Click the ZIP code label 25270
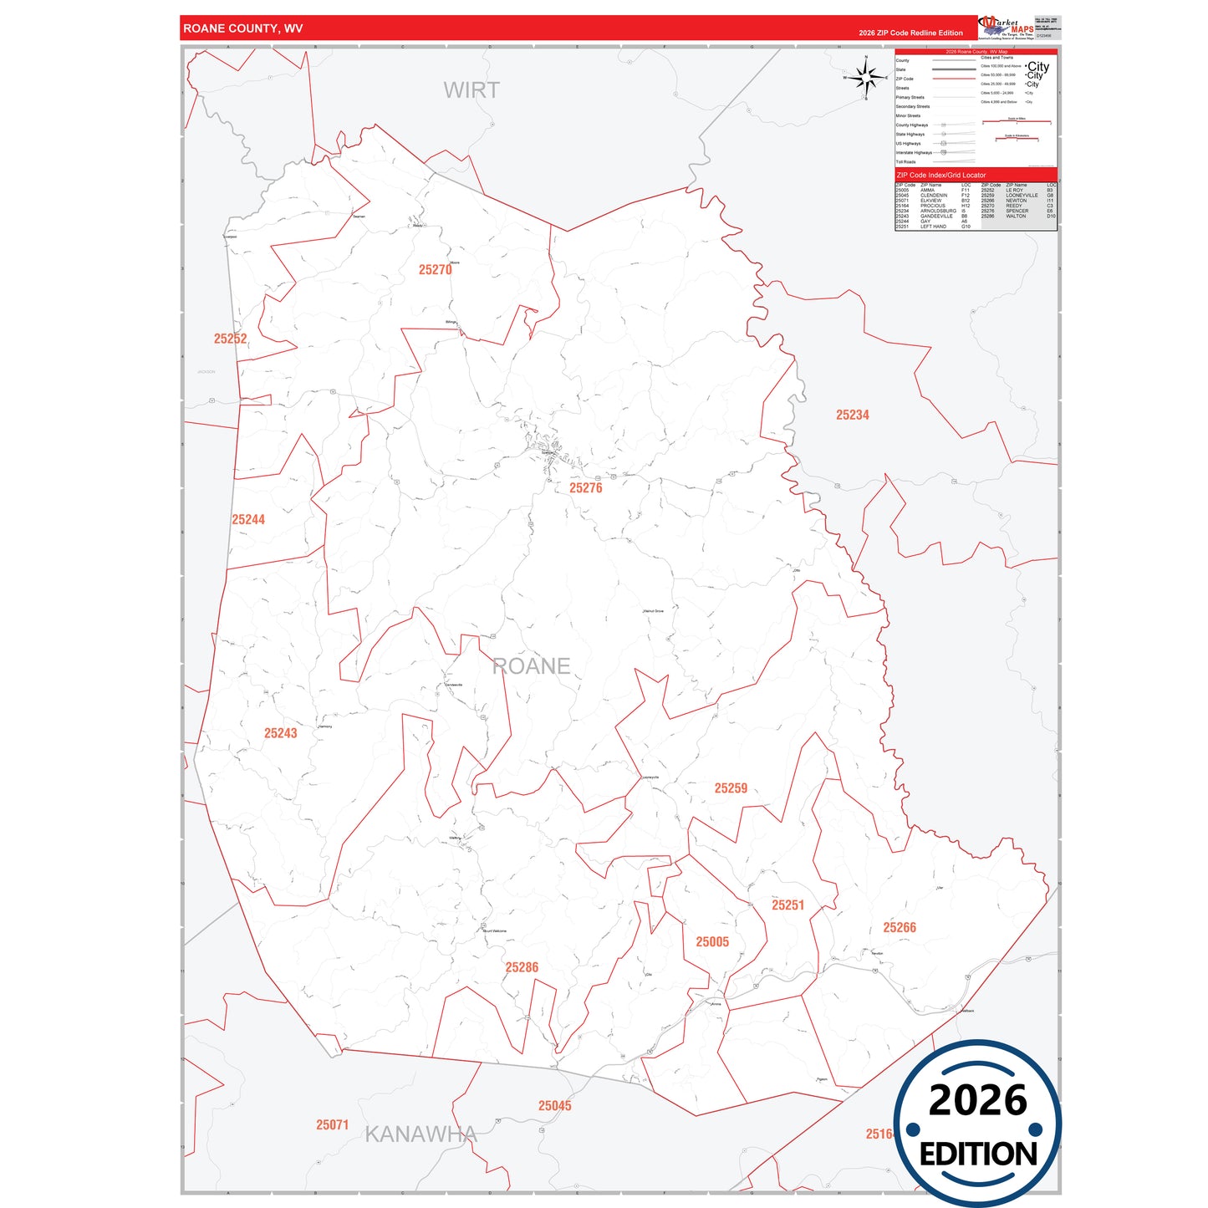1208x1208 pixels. point(435,270)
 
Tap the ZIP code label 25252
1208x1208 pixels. point(230,339)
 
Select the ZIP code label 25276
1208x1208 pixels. point(585,488)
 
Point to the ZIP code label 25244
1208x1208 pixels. point(248,520)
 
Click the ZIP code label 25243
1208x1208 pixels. point(280,733)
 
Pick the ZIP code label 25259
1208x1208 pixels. point(731,788)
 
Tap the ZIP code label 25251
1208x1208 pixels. point(787,905)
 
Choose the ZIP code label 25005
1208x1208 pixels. point(712,942)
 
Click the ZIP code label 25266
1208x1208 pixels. point(900,928)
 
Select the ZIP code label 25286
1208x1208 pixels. point(522,968)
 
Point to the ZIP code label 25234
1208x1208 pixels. point(853,415)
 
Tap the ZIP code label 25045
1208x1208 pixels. point(554,1106)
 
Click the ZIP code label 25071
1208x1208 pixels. point(332,1125)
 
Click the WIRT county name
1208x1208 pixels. point(471,90)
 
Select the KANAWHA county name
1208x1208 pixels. point(421,1134)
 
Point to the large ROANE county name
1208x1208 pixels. point(532,666)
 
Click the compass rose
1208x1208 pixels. point(867,78)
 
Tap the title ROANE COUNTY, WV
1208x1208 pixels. point(243,28)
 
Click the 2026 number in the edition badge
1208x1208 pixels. point(977,1100)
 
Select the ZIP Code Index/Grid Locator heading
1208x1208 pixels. point(940,176)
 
